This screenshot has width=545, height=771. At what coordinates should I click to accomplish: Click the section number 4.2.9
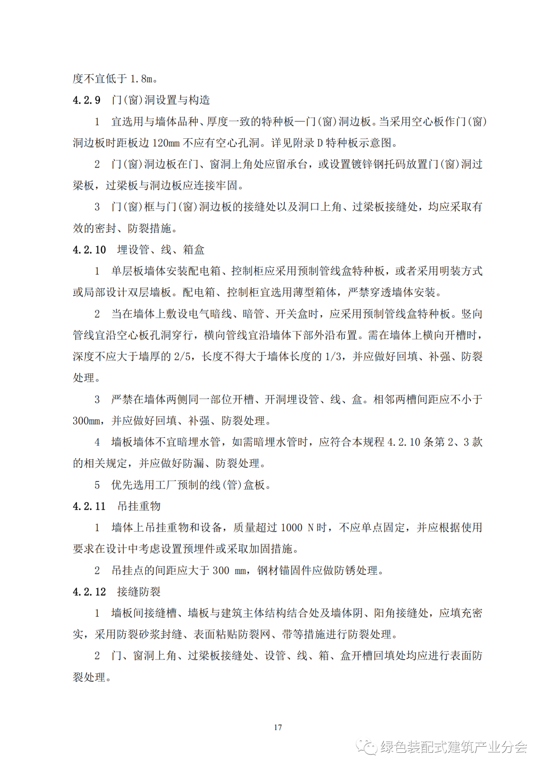point(86,100)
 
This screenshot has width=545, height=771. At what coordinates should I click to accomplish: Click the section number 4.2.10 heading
point(89,250)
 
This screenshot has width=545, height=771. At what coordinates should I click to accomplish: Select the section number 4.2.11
point(89,507)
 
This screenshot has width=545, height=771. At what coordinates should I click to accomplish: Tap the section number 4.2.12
point(89,592)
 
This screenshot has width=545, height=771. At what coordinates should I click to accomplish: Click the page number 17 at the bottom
point(278,727)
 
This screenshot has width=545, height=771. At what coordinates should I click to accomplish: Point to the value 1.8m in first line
point(141,79)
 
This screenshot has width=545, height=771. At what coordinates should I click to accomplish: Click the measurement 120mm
point(166,143)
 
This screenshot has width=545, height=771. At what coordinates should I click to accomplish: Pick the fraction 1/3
point(333,357)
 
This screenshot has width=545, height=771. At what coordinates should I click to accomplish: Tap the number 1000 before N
point(291,528)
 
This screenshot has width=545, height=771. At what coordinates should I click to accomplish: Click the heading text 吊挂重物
point(139,507)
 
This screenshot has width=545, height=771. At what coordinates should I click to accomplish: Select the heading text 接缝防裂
point(139,592)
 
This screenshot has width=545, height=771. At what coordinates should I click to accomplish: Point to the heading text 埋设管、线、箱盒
point(160,250)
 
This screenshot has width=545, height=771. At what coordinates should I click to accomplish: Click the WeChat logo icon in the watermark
point(367,746)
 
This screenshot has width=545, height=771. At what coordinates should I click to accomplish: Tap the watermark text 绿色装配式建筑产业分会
point(454,747)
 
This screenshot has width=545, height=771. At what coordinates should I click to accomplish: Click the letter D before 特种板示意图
point(319,143)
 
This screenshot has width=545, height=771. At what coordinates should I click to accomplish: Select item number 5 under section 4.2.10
point(97,485)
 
